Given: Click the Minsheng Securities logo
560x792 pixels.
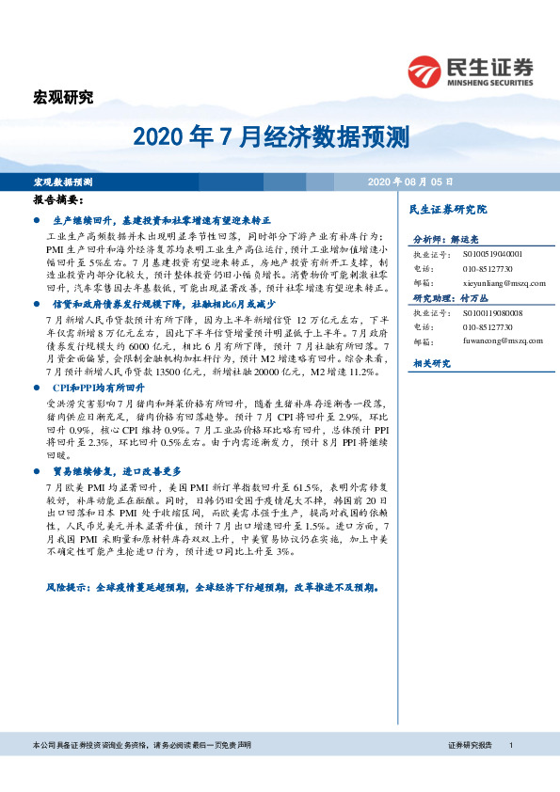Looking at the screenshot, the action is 470,69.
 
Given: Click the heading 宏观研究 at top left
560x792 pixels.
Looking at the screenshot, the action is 63,97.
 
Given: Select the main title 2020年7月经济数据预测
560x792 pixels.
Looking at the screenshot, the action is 271,139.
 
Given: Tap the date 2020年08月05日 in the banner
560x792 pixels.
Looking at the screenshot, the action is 410,181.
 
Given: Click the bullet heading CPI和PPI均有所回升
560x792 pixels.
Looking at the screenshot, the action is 99,387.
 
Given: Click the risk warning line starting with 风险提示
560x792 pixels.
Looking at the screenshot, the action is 212,585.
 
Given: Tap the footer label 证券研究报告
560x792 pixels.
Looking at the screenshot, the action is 470,745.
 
